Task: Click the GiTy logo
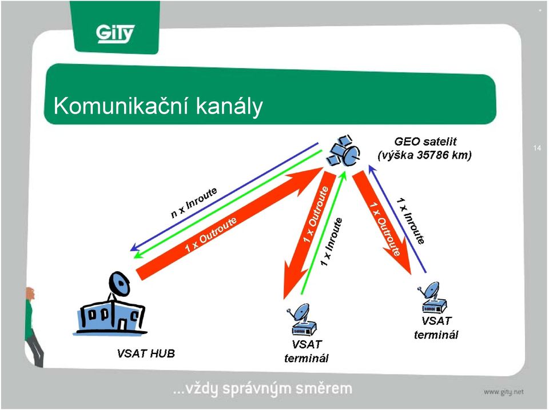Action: (115, 34)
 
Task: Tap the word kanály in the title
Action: (229, 106)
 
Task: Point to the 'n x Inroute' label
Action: (194, 203)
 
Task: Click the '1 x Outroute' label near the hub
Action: (211, 235)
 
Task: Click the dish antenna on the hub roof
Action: (119, 283)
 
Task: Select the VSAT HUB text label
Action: (146, 353)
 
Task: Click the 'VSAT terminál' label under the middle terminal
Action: (307, 351)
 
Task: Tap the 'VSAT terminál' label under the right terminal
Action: (436, 328)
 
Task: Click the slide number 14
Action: (537, 148)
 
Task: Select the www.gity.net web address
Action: (504, 392)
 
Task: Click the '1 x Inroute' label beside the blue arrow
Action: (411, 220)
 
